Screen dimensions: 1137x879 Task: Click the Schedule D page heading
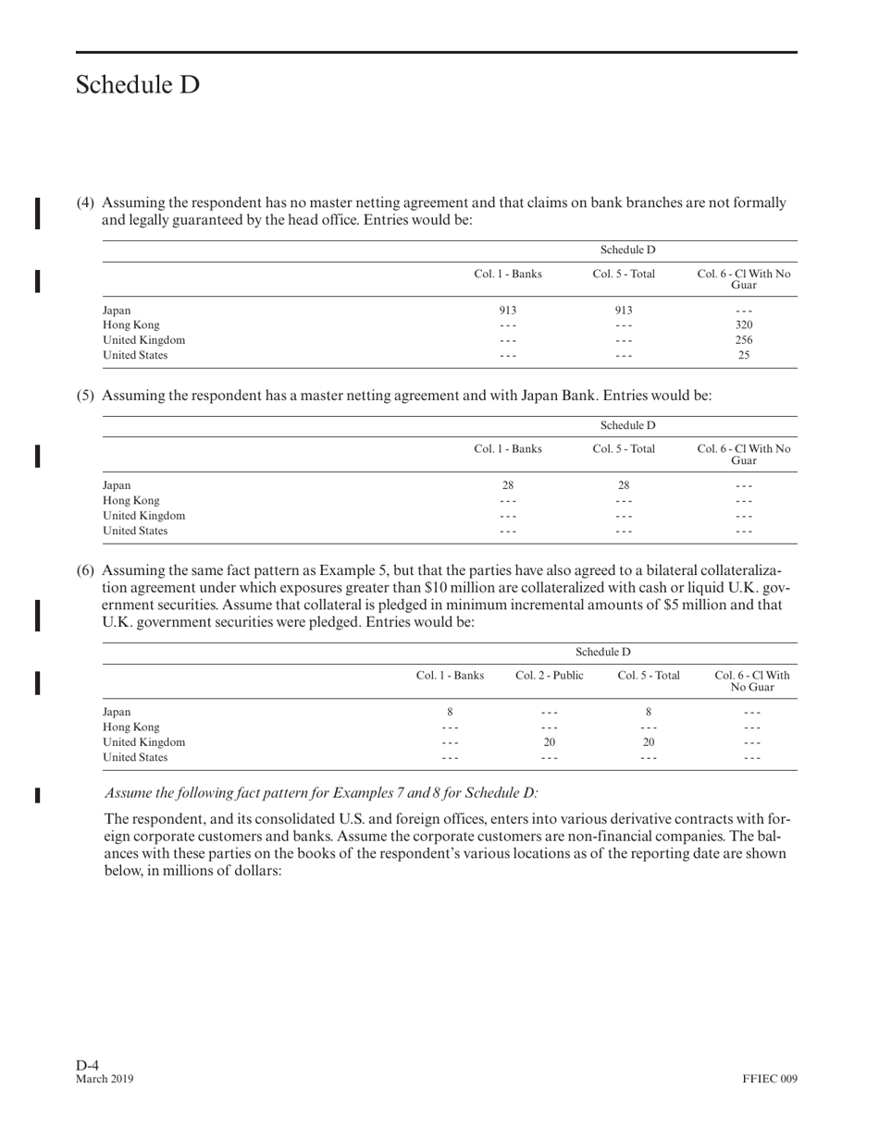(x=137, y=85)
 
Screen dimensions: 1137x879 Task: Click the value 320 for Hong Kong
(x=744, y=325)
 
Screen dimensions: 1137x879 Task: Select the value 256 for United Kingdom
(x=744, y=340)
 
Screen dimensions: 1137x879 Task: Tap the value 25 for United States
(x=744, y=355)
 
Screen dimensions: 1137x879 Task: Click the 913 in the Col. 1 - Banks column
(x=507, y=311)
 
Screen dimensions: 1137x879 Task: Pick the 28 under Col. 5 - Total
(x=624, y=485)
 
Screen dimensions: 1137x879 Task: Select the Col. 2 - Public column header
(x=549, y=676)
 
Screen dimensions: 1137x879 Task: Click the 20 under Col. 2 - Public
(x=549, y=742)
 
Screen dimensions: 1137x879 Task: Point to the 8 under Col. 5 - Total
(x=649, y=713)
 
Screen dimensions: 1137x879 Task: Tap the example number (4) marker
(x=85, y=202)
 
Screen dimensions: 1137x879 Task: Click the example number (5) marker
(x=85, y=396)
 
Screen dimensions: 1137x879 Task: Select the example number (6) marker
(x=85, y=570)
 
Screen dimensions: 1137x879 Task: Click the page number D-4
(x=88, y=1065)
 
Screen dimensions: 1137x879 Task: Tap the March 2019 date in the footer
(x=105, y=1079)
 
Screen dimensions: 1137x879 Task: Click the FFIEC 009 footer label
(x=769, y=1079)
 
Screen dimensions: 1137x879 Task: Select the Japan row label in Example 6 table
(x=117, y=713)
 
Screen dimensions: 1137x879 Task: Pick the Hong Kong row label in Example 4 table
(x=130, y=325)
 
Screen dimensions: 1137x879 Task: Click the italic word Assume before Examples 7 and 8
(x=129, y=793)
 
